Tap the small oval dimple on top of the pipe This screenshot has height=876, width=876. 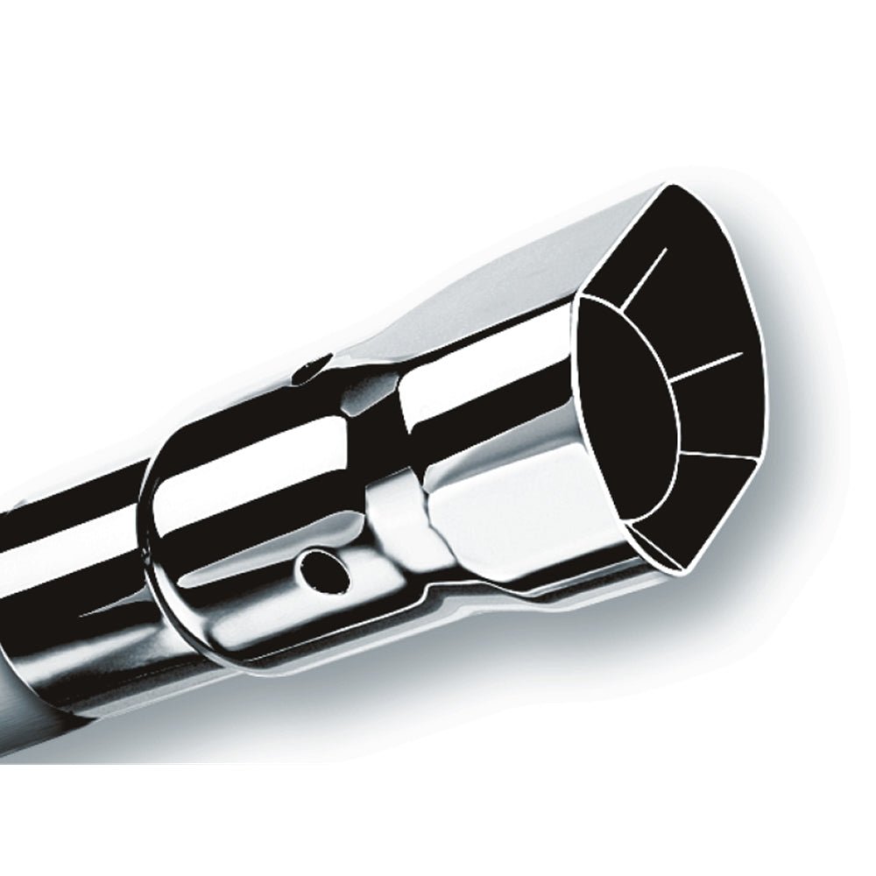point(313,370)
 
